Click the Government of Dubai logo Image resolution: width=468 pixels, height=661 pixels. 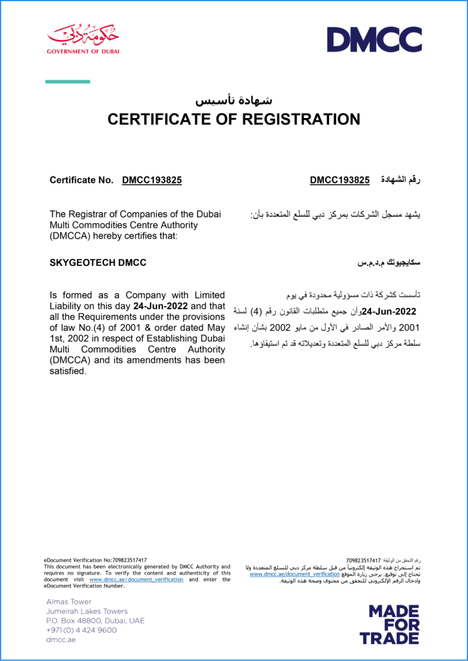pyautogui.click(x=83, y=38)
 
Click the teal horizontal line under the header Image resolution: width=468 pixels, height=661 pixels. pyautogui.click(x=67, y=81)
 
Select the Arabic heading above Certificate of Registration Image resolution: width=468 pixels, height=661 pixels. pyautogui.click(x=234, y=100)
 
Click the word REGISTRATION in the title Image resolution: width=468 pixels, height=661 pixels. pyautogui.click(x=301, y=119)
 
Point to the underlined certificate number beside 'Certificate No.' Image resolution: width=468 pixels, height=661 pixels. pyautogui.click(x=151, y=180)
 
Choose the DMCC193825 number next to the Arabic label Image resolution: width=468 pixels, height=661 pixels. pyautogui.click(x=339, y=180)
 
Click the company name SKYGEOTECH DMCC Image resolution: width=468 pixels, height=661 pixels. pyautogui.click(x=98, y=263)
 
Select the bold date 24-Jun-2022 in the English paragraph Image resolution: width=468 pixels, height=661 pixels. pyautogui.click(x=161, y=306)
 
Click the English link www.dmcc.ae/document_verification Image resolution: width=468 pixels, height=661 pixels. pyautogui.click(x=136, y=580)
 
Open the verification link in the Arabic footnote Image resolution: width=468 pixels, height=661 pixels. pyautogui.click(x=294, y=574)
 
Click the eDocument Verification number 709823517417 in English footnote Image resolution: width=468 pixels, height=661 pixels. pyautogui.click(x=125, y=560)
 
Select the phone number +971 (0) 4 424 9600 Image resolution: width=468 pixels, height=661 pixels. pyautogui.click(x=81, y=630)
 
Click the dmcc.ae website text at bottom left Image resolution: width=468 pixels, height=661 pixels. pyautogui.click(x=61, y=640)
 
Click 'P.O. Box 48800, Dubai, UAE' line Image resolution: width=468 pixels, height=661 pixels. pyautogui.click(x=95, y=620)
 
